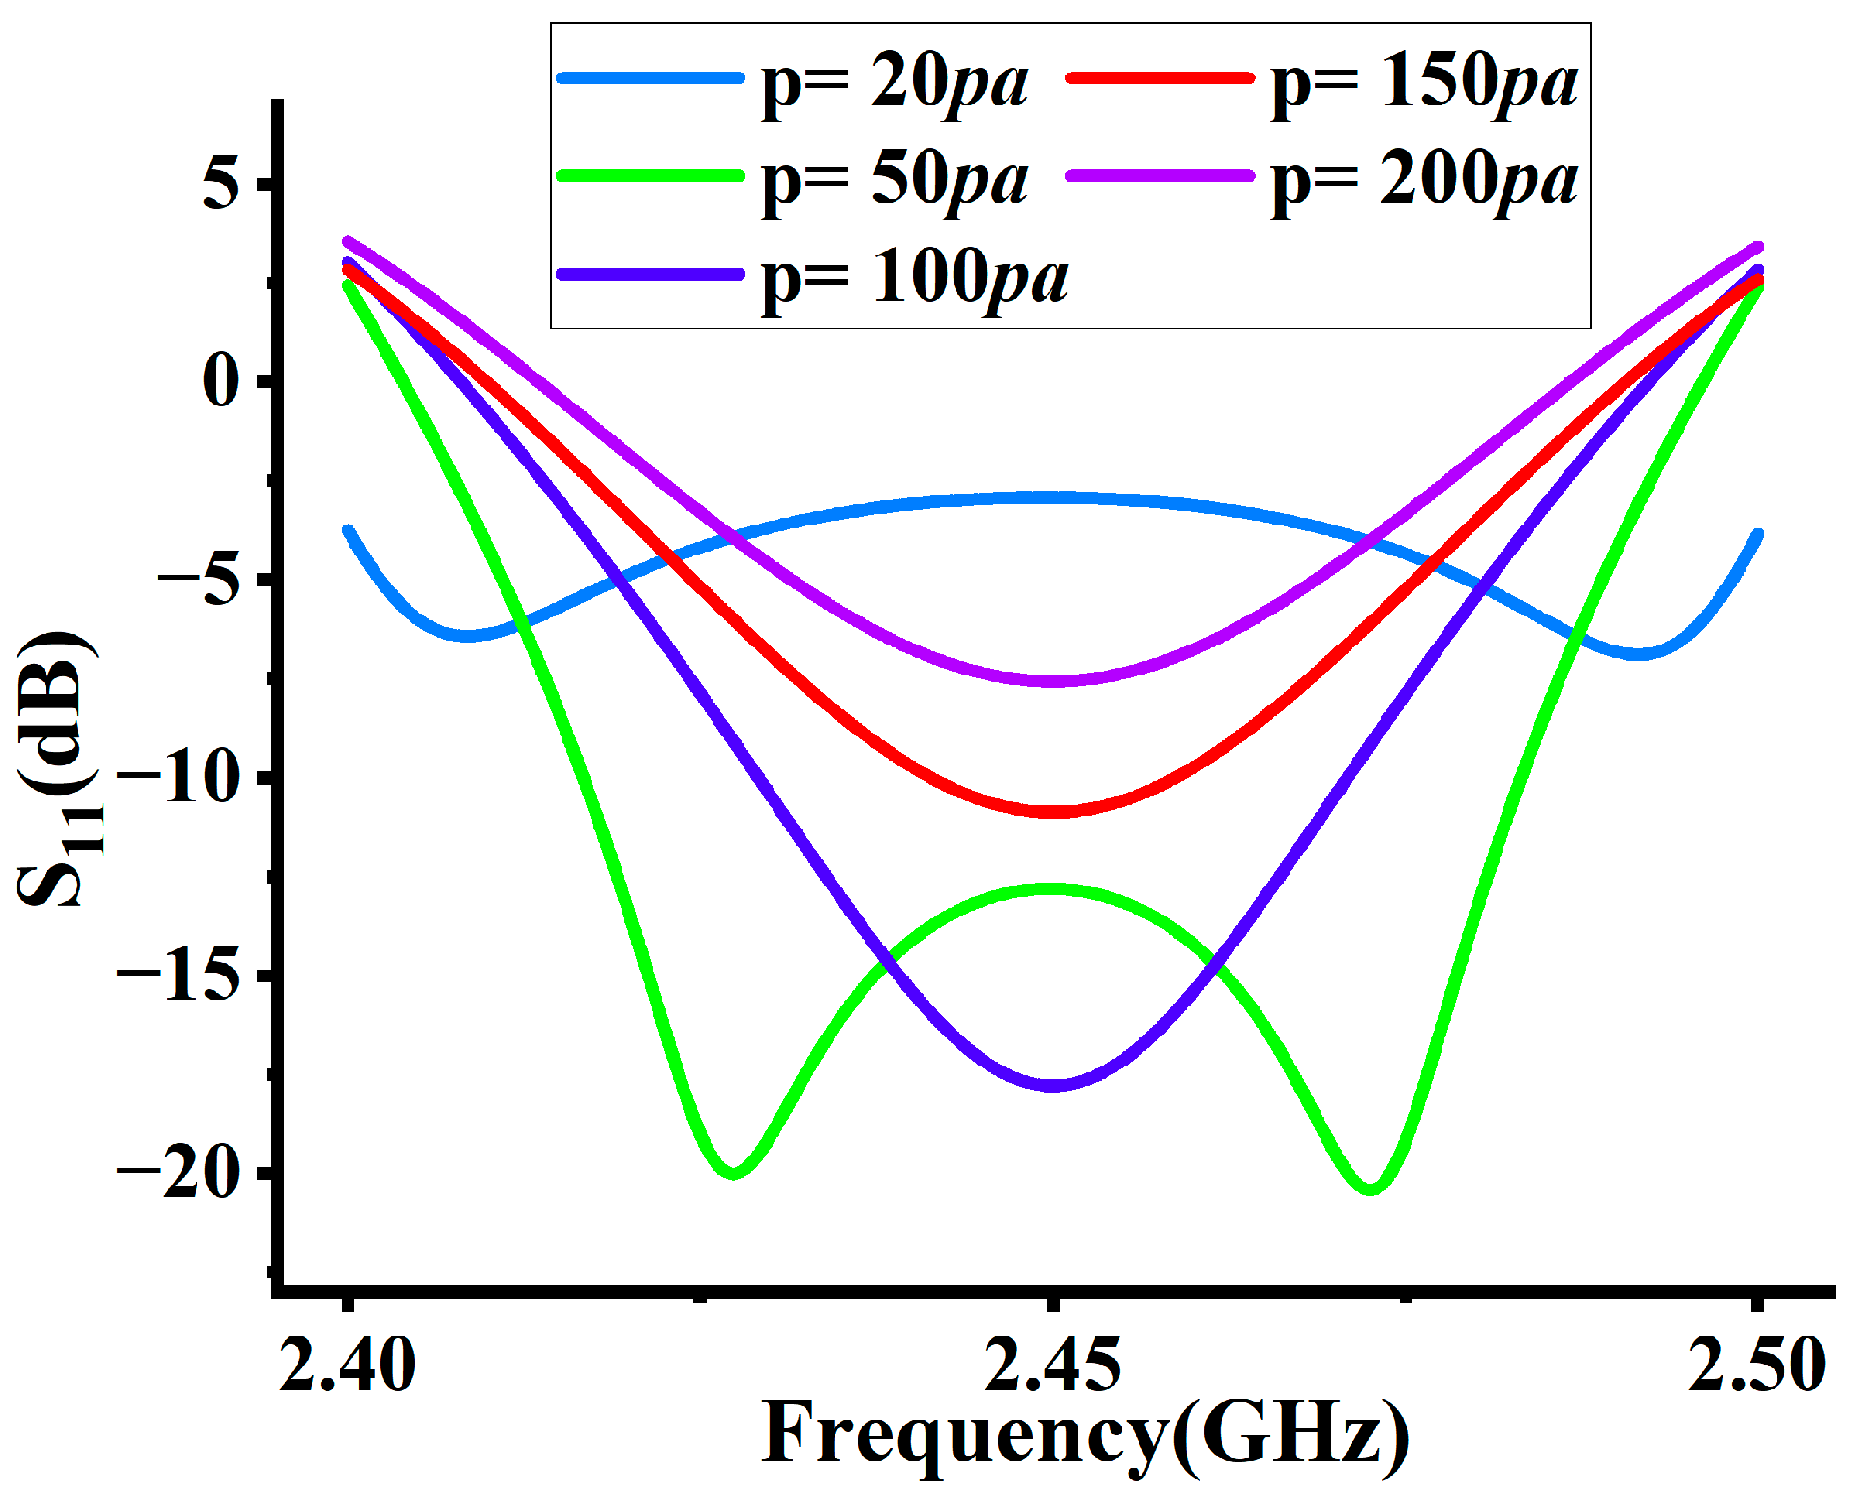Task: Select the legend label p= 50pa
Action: click(x=894, y=181)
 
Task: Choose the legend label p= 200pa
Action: click(x=1423, y=181)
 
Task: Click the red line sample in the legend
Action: click(x=1159, y=78)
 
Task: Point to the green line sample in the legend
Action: click(x=650, y=176)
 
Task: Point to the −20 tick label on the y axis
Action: click(x=179, y=1174)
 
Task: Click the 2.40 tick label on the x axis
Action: click(x=348, y=1365)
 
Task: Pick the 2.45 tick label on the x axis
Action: click(x=1052, y=1365)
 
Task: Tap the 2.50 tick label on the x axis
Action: click(x=1756, y=1365)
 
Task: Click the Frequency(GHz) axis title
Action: click(x=1084, y=1434)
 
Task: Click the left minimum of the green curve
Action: click(x=733, y=1173)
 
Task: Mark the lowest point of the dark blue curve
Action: click(x=1052, y=1085)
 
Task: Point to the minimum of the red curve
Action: click(x=1052, y=811)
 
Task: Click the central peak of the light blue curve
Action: click(x=1052, y=497)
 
